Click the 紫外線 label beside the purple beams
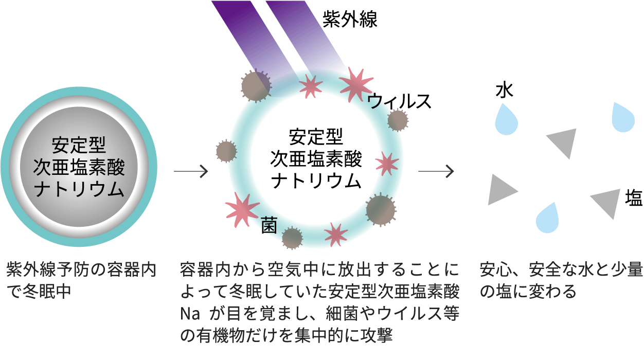[350, 19]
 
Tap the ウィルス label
[399, 101]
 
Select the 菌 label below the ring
[269, 225]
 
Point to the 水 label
[505, 91]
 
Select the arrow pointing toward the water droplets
[436, 171]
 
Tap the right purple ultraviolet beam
[303, 36]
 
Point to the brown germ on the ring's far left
[225, 151]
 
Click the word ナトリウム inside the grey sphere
[78, 190]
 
